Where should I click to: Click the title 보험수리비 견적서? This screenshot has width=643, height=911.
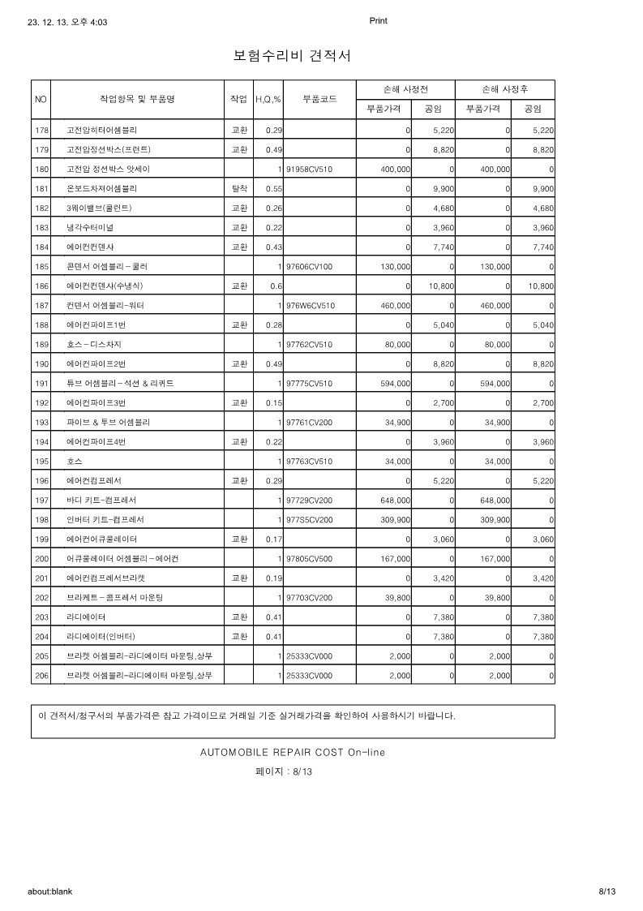click(x=292, y=56)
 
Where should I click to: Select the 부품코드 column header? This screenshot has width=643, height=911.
click(x=319, y=99)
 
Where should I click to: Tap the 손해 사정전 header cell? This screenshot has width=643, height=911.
click(x=405, y=89)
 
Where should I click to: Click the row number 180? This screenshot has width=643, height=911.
click(x=42, y=169)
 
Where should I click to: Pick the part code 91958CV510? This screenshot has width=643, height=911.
click(x=310, y=169)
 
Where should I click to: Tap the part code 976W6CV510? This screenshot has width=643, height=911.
click(x=310, y=305)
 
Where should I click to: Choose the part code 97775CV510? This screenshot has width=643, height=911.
click(x=310, y=383)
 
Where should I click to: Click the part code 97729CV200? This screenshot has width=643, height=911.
click(x=310, y=500)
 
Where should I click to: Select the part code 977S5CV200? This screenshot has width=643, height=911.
click(x=310, y=519)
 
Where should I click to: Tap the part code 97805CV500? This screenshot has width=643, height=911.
click(x=310, y=558)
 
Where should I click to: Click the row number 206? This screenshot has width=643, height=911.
click(x=42, y=675)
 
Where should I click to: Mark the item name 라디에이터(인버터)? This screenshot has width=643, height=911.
click(x=101, y=636)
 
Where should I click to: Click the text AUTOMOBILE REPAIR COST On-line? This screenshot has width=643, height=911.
click(x=293, y=752)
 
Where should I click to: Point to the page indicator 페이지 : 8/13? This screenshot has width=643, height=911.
click(x=284, y=772)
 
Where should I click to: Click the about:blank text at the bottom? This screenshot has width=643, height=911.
click(x=50, y=891)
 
